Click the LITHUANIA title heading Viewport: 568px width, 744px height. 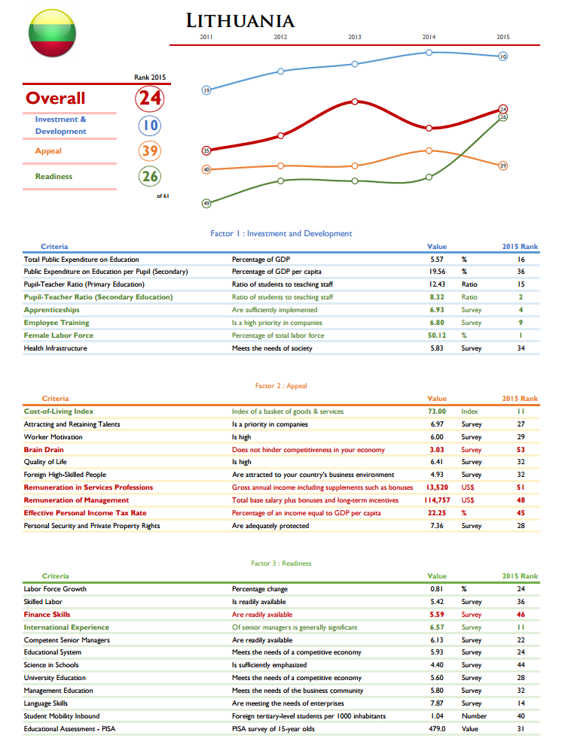tap(240, 21)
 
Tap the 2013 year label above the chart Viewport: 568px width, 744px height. tap(355, 37)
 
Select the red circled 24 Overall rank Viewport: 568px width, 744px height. tap(150, 98)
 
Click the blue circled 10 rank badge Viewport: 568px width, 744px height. tap(150, 125)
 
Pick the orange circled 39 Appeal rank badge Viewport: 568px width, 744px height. tap(150, 150)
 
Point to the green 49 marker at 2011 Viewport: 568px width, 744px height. tap(206, 203)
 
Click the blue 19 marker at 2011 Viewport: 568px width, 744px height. tap(206, 90)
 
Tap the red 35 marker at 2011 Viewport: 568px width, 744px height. tap(206, 150)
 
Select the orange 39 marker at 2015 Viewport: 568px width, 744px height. tap(503, 166)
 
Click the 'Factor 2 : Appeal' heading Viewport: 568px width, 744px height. tap(281, 386)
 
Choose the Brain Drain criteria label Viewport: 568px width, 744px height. tap(43, 449)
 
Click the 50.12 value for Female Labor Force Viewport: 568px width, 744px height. tap(437, 336)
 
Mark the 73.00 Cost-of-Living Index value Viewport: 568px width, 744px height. tap(437, 411)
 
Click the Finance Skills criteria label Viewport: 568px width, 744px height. tap(47, 615)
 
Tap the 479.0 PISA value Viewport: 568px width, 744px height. tap(437, 728)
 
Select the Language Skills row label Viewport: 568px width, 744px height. tap(45, 703)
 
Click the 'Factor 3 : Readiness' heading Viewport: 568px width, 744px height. tap(281, 563)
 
